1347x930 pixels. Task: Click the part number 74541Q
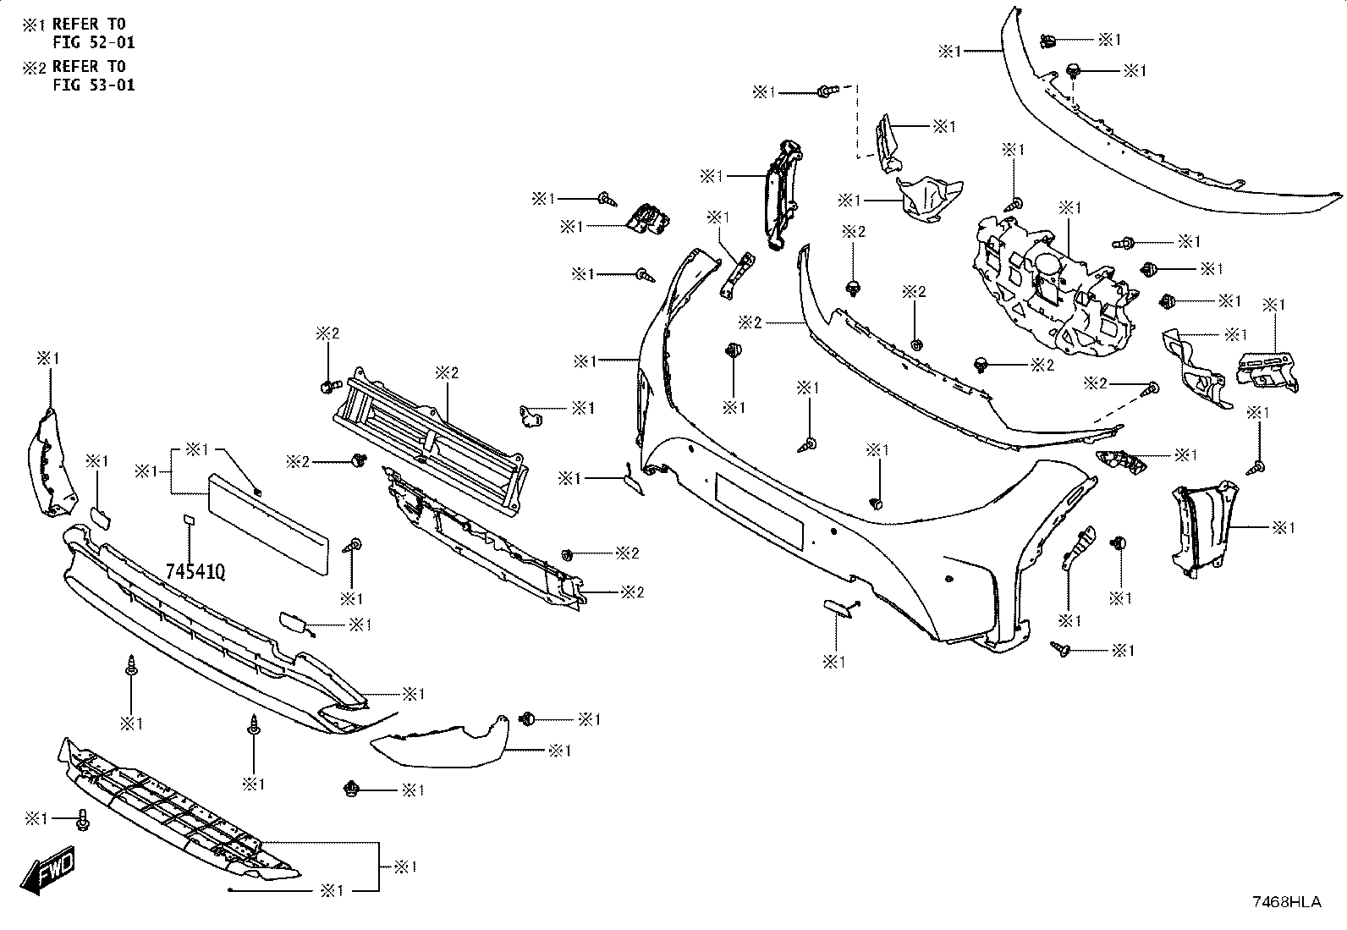tap(195, 571)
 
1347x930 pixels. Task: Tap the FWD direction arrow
tap(47, 869)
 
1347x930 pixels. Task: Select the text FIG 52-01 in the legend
tap(94, 42)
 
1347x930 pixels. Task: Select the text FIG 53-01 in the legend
tap(94, 85)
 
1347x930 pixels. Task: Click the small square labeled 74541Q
tap(188, 519)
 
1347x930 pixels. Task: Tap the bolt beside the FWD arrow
tap(83, 820)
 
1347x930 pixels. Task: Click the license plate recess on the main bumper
tap(759, 511)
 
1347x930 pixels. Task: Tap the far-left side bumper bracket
tap(51, 462)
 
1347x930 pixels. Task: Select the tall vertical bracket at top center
tap(782, 195)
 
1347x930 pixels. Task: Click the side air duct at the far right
tap(1202, 530)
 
